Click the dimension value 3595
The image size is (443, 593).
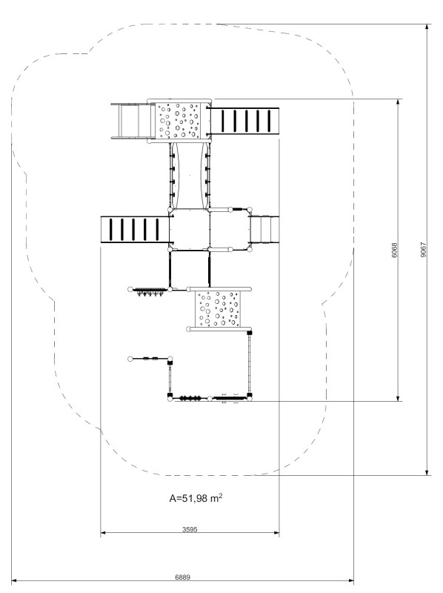point(190,529)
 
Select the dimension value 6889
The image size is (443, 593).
point(182,577)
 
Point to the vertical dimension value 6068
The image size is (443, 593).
point(395,250)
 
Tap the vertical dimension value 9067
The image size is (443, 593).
point(423,250)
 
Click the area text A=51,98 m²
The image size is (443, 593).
point(196,497)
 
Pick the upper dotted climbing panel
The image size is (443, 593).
point(178,121)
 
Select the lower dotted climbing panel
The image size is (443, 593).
point(217,308)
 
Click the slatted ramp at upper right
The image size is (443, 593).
point(245,121)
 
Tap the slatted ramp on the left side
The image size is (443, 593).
point(135,230)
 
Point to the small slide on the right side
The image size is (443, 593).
point(264,230)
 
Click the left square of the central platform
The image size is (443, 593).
point(190,230)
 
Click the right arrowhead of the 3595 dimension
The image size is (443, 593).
point(276,533)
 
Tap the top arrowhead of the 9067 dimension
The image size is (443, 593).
point(427,27)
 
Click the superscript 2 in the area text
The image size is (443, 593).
point(220,494)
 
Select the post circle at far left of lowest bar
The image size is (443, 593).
point(130,359)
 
